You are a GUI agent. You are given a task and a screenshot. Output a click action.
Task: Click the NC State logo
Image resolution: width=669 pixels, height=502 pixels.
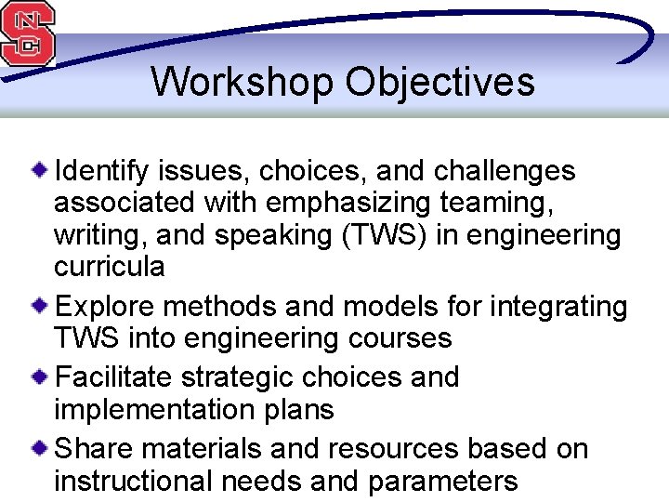[x=28, y=33]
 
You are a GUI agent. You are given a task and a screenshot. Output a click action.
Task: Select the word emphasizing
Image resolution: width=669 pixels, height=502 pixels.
[x=348, y=203]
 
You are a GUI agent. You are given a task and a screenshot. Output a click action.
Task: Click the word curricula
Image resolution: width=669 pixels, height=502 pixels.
[x=109, y=267]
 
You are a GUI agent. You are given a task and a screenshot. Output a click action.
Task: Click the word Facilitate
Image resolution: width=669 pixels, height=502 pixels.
[x=114, y=377]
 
